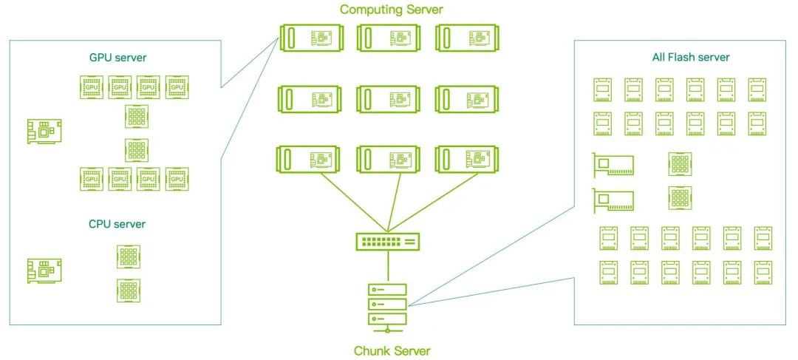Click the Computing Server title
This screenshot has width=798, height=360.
click(392, 10)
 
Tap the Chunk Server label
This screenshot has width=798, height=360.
click(392, 350)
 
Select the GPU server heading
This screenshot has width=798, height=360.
click(117, 58)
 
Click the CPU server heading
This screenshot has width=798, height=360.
click(117, 224)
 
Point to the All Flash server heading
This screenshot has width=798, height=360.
click(691, 57)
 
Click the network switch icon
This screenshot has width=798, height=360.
click(387, 241)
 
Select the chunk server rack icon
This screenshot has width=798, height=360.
click(386, 303)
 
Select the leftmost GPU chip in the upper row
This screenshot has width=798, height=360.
click(91, 86)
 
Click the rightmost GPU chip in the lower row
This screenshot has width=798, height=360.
click(176, 179)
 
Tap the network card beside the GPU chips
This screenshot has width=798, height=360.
click(44, 131)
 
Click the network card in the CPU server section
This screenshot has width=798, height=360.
click(44, 270)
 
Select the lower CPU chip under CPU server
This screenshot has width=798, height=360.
click(129, 289)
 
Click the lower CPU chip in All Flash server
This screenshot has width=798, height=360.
click(680, 197)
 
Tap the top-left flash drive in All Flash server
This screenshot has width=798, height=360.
click(602, 89)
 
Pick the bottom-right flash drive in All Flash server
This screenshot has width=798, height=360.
click(763, 271)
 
